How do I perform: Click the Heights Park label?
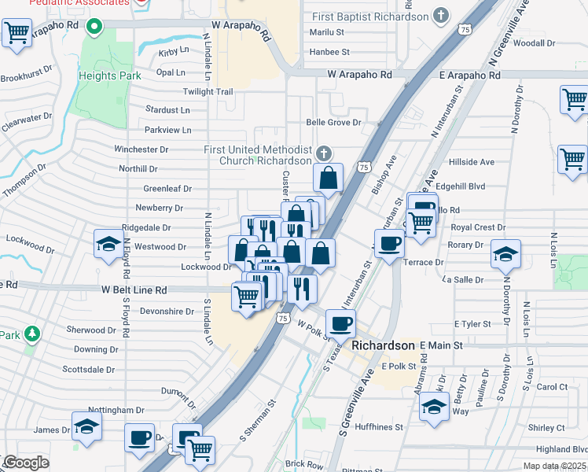click(109, 76)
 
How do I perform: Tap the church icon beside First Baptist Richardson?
click(442, 16)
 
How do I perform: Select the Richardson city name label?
click(383, 345)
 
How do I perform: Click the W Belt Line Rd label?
click(134, 289)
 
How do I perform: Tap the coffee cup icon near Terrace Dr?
click(388, 243)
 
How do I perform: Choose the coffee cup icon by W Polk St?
click(340, 323)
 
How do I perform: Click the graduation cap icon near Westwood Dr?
click(108, 244)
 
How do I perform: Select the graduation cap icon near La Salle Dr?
click(505, 253)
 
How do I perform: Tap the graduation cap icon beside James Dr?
click(86, 426)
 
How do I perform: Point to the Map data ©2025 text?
click(554, 466)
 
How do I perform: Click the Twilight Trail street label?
click(208, 92)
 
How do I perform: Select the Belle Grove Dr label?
click(333, 123)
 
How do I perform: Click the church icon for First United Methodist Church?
click(324, 152)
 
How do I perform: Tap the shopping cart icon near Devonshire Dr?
click(247, 297)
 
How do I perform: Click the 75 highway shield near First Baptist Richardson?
click(464, 28)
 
